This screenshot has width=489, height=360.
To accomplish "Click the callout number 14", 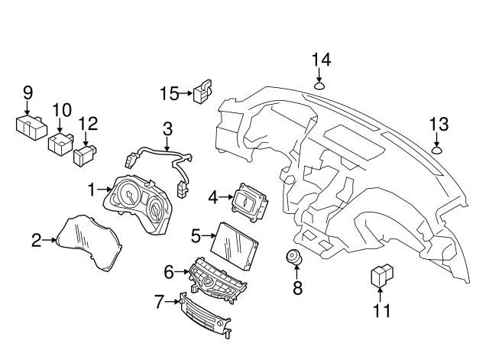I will [x=321, y=60].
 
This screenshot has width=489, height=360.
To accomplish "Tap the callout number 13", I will [x=438, y=124].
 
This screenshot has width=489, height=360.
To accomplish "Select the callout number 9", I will [x=28, y=93].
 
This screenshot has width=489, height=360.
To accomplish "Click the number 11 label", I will [x=381, y=311].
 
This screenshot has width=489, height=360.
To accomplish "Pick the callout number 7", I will [x=159, y=302].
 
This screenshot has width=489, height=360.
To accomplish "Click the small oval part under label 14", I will [x=321, y=85].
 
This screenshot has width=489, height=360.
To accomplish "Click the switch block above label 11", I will [x=381, y=275].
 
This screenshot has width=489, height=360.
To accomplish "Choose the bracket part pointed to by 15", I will [x=203, y=93].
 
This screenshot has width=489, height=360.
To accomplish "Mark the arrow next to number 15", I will [x=184, y=94].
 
